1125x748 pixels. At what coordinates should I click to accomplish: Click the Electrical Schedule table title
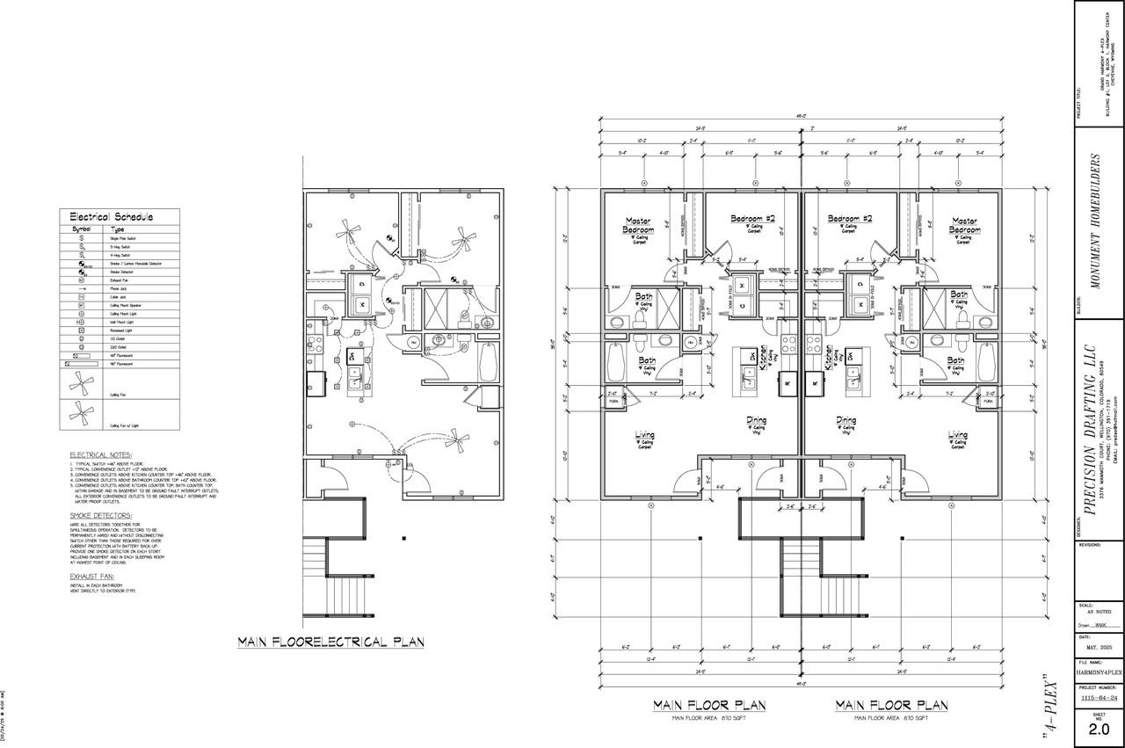(111, 216)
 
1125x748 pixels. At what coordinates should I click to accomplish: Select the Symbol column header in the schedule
(82, 229)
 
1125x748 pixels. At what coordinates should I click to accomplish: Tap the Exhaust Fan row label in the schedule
(120, 280)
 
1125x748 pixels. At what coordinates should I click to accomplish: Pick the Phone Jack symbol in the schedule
(82, 288)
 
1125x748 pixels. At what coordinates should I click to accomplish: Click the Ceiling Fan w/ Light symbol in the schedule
(82, 411)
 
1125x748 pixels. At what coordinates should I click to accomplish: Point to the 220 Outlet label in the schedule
(117, 346)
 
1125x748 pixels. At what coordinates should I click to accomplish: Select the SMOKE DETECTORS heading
(100, 515)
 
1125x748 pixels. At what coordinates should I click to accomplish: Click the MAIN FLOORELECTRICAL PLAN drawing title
(330, 643)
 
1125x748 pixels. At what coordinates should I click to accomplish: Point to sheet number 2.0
(1099, 728)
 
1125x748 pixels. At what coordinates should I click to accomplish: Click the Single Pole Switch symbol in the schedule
(82, 238)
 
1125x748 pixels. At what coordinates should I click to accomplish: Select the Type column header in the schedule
(118, 229)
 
